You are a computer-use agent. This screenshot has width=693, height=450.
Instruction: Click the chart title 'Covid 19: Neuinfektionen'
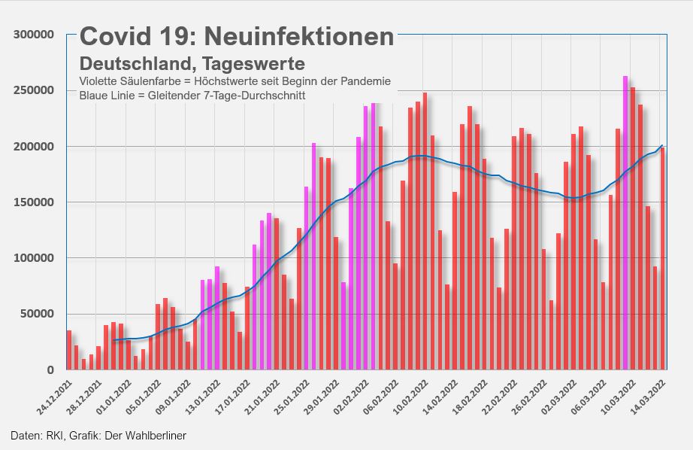click(237, 36)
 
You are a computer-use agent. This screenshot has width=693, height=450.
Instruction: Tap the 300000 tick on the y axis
click(33, 35)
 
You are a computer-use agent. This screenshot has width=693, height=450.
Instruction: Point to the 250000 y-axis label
click(33, 90)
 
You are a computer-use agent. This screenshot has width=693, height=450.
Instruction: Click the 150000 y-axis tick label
click(33, 202)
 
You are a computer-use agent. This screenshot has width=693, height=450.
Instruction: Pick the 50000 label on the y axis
click(36, 314)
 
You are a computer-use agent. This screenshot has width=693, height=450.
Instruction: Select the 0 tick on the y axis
click(50, 369)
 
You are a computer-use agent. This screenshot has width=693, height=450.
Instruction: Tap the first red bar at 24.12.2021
click(69, 350)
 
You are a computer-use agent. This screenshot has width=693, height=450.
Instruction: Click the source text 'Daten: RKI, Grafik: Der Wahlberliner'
click(98, 436)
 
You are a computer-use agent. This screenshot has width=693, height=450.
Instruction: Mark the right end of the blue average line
click(662, 145)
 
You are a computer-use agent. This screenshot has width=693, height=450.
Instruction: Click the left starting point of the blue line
click(113, 340)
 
